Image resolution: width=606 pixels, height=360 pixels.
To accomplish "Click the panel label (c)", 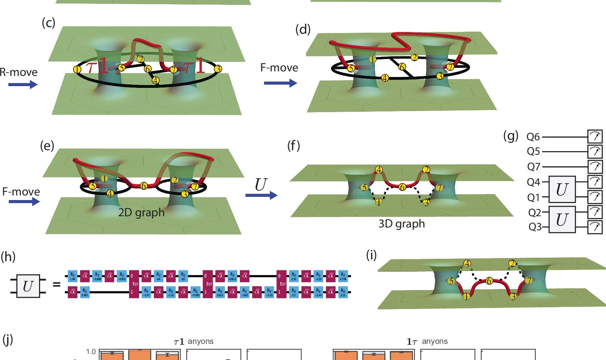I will click(48, 22).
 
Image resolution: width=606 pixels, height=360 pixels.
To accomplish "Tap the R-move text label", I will click(19, 72).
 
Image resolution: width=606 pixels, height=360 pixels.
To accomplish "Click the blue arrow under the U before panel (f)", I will click(261, 195).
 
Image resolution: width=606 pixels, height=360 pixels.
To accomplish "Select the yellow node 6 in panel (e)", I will click(143, 186).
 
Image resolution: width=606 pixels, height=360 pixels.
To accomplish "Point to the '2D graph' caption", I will click(141, 212).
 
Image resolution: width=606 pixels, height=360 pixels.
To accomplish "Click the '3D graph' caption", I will click(402, 224).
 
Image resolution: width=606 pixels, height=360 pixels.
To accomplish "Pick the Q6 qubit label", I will click(533, 137).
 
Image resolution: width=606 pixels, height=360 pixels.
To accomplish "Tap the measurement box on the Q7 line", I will click(595, 166).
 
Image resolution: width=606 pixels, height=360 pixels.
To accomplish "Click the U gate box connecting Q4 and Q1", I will click(562, 189).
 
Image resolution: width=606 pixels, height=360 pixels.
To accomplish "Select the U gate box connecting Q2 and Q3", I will click(562, 220).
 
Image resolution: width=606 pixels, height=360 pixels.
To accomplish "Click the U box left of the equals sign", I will click(28, 286).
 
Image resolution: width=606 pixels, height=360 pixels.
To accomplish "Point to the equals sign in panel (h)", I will click(56, 284).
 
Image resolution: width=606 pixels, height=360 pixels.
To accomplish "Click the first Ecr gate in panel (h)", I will click(134, 284).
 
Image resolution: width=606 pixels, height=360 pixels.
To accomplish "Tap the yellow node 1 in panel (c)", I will click(77, 69).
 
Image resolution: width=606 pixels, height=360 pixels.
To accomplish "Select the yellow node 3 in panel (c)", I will click(218, 69).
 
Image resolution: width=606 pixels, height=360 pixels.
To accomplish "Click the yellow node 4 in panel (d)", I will click(385, 78).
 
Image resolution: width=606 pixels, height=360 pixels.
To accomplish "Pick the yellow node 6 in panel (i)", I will click(489, 281).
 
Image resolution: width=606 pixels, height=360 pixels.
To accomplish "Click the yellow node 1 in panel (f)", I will click(379, 202).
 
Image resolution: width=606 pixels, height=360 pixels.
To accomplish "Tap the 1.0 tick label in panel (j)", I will click(91, 352).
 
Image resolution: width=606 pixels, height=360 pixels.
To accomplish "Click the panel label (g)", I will click(511, 135).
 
